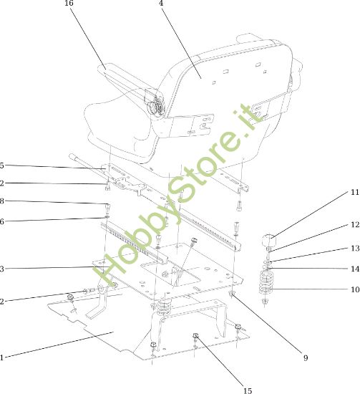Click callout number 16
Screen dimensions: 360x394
tap(69, 4)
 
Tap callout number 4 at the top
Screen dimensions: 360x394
tap(161, 3)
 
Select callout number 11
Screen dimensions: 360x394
tap(355, 192)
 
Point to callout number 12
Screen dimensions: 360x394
tap(355, 225)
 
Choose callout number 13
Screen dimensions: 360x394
tap(355, 249)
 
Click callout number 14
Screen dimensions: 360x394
tap(355, 269)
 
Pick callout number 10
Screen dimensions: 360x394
tap(355, 289)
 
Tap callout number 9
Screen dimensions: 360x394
tap(306, 357)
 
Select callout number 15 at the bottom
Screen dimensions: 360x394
tap(248, 390)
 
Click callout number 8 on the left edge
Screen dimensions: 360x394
tap(1, 201)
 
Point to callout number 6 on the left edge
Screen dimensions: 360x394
tap(1, 221)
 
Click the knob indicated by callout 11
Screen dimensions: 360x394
tap(269, 240)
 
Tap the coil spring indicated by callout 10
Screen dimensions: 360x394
tap(266, 282)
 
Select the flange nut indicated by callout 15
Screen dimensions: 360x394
tap(195, 335)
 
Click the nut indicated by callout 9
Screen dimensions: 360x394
tap(231, 293)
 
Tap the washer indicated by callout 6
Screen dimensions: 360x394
tap(107, 216)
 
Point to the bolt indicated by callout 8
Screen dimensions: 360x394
tap(107, 208)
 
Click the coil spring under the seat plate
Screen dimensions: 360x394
tap(164, 309)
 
